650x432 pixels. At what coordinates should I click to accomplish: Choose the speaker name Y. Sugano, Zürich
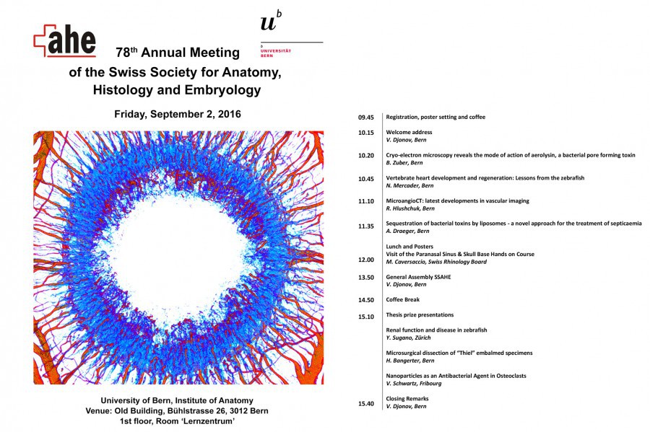(x=413, y=337)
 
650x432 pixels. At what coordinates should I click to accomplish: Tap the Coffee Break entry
(x=403, y=299)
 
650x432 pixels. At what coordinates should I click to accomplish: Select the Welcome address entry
(x=409, y=133)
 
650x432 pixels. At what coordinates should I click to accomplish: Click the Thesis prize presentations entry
(x=420, y=314)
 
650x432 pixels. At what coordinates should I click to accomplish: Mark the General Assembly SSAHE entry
(x=417, y=276)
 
